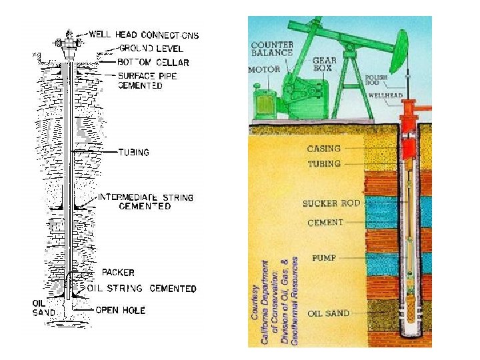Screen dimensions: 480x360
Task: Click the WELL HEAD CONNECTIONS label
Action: pyautogui.click(x=143, y=34)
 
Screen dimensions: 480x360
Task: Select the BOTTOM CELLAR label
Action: pyautogui.click(x=153, y=62)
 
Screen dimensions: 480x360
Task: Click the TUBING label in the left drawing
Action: pyautogui.click(x=133, y=152)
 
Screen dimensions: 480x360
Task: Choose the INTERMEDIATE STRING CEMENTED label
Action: pyautogui.click(x=145, y=202)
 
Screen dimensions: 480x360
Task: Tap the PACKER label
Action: pyautogui.click(x=118, y=272)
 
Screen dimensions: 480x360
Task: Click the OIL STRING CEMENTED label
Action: pyautogui.click(x=142, y=289)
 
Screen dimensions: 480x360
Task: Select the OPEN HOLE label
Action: pyautogui.click(x=120, y=310)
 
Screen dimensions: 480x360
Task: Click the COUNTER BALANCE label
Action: pyautogui.click(x=272, y=49)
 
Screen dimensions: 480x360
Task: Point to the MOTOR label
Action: pyautogui.click(x=264, y=69)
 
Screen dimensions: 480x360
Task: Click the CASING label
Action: pyautogui.click(x=324, y=149)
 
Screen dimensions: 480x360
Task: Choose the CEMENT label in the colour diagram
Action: pyautogui.click(x=325, y=223)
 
